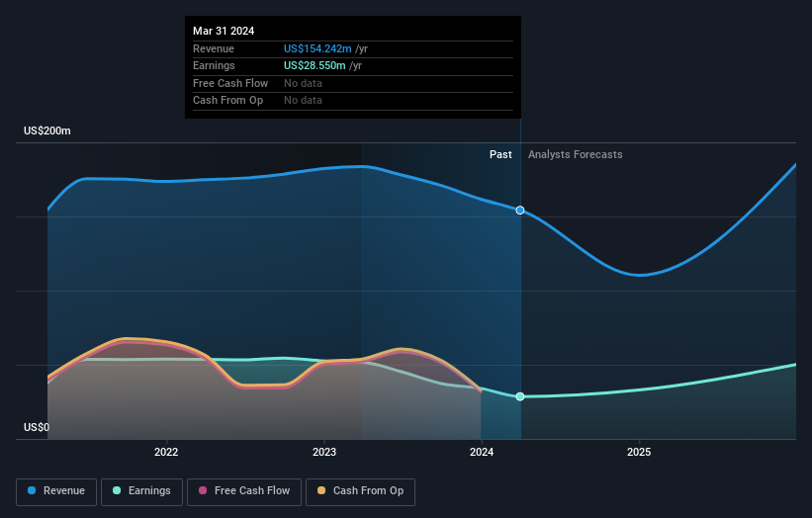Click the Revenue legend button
[x=57, y=490]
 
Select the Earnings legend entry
[x=141, y=490]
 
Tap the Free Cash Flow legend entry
[x=243, y=490]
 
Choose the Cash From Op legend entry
[x=361, y=490]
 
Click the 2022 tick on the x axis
[x=166, y=453]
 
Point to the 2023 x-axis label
[x=323, y=453]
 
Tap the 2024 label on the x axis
[x=482, y=453]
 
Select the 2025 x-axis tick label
[x=639, y=453]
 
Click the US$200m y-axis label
[x=47, y=131]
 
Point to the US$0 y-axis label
[x=37, y=428]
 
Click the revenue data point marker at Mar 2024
[x=520, y=211]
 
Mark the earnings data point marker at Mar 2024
[x=520, y=396]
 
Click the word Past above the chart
[x=500, y=154]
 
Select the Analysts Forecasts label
[x=576, y=154]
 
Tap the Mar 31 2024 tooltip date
[x=224, y=31]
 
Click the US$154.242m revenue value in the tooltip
[x=317, y=48]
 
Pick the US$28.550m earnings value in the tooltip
[x=315, y=65]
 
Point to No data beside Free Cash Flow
[x=303, y=83]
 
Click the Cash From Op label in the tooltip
[x=227, y=100]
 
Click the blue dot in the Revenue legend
[x=33, y=490]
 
